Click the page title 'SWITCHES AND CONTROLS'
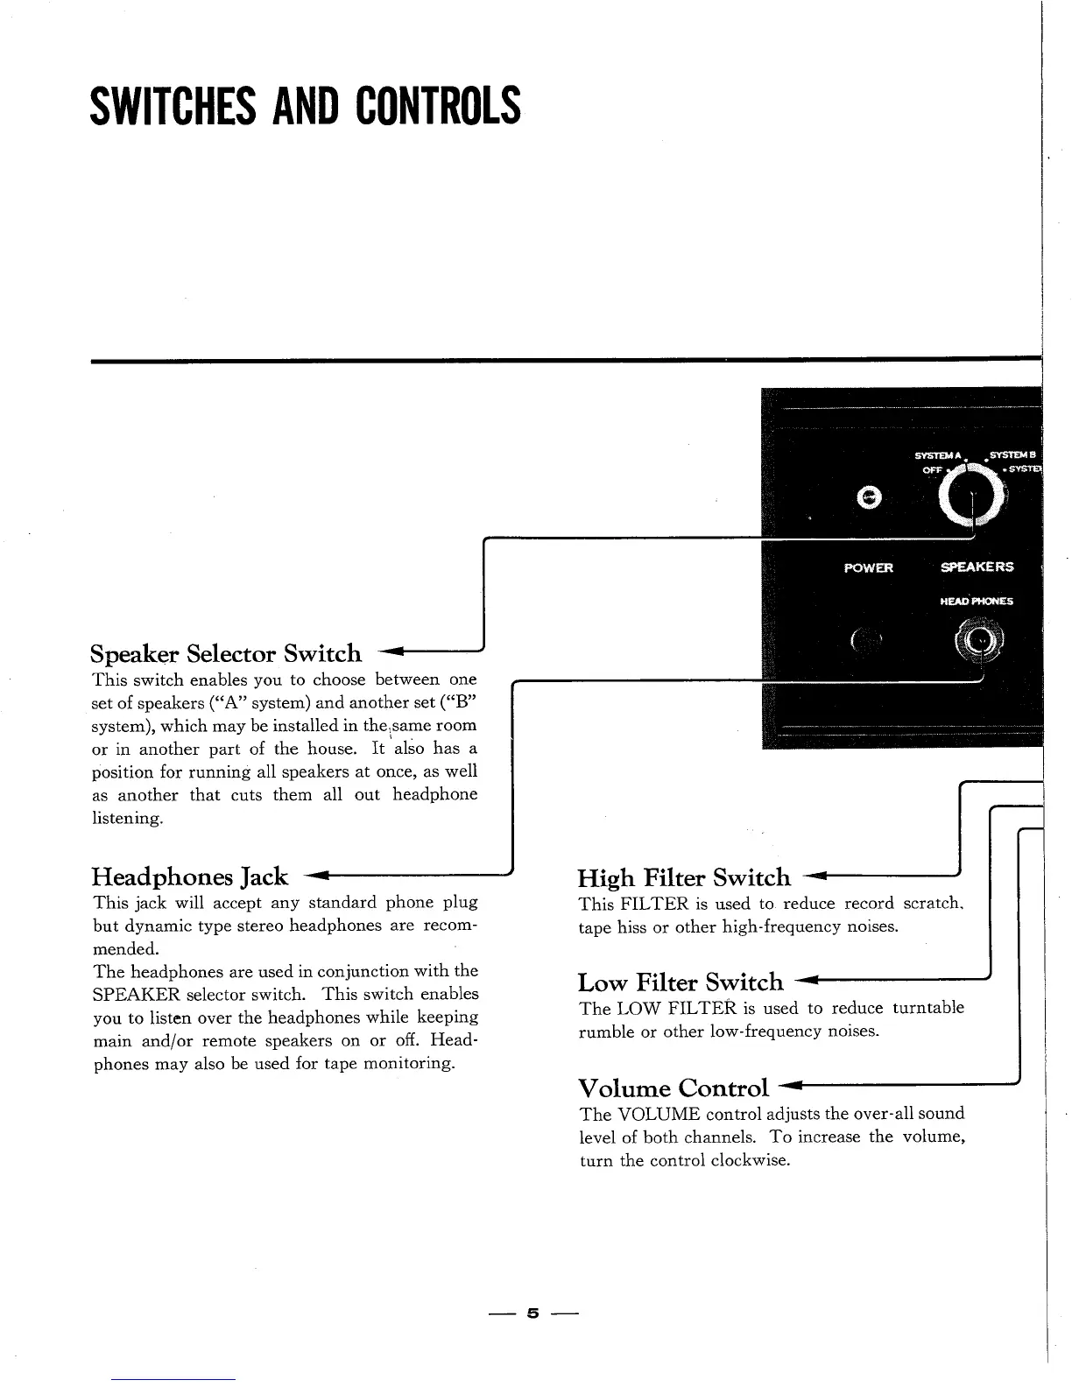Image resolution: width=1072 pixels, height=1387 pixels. click(x=305, y=107)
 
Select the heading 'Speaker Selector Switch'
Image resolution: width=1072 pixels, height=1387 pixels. click(x=226, y=653)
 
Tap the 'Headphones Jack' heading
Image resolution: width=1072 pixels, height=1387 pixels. click(x=190, y=877)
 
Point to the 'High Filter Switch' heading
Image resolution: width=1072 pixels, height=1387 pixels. click(x=683, y=877)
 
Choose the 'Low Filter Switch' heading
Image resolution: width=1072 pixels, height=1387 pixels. click(x=681, y=982)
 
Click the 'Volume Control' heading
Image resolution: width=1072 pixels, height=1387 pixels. click(x=674, y=1088)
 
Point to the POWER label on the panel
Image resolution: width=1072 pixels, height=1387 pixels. click(x=868, y=567)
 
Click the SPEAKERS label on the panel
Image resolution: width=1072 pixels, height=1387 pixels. click(x=977, y=567)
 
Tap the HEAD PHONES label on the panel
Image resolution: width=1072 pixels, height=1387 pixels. click(x=976, y=602)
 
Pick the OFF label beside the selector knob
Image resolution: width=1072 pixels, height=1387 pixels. click(x=931, y=470)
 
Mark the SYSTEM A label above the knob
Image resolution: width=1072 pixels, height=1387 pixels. click(x=937, y=455)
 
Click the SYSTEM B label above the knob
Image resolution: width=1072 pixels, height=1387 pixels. click(x=1012, y=455)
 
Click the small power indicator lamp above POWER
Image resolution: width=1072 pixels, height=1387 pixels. click(x=869, y=497)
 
